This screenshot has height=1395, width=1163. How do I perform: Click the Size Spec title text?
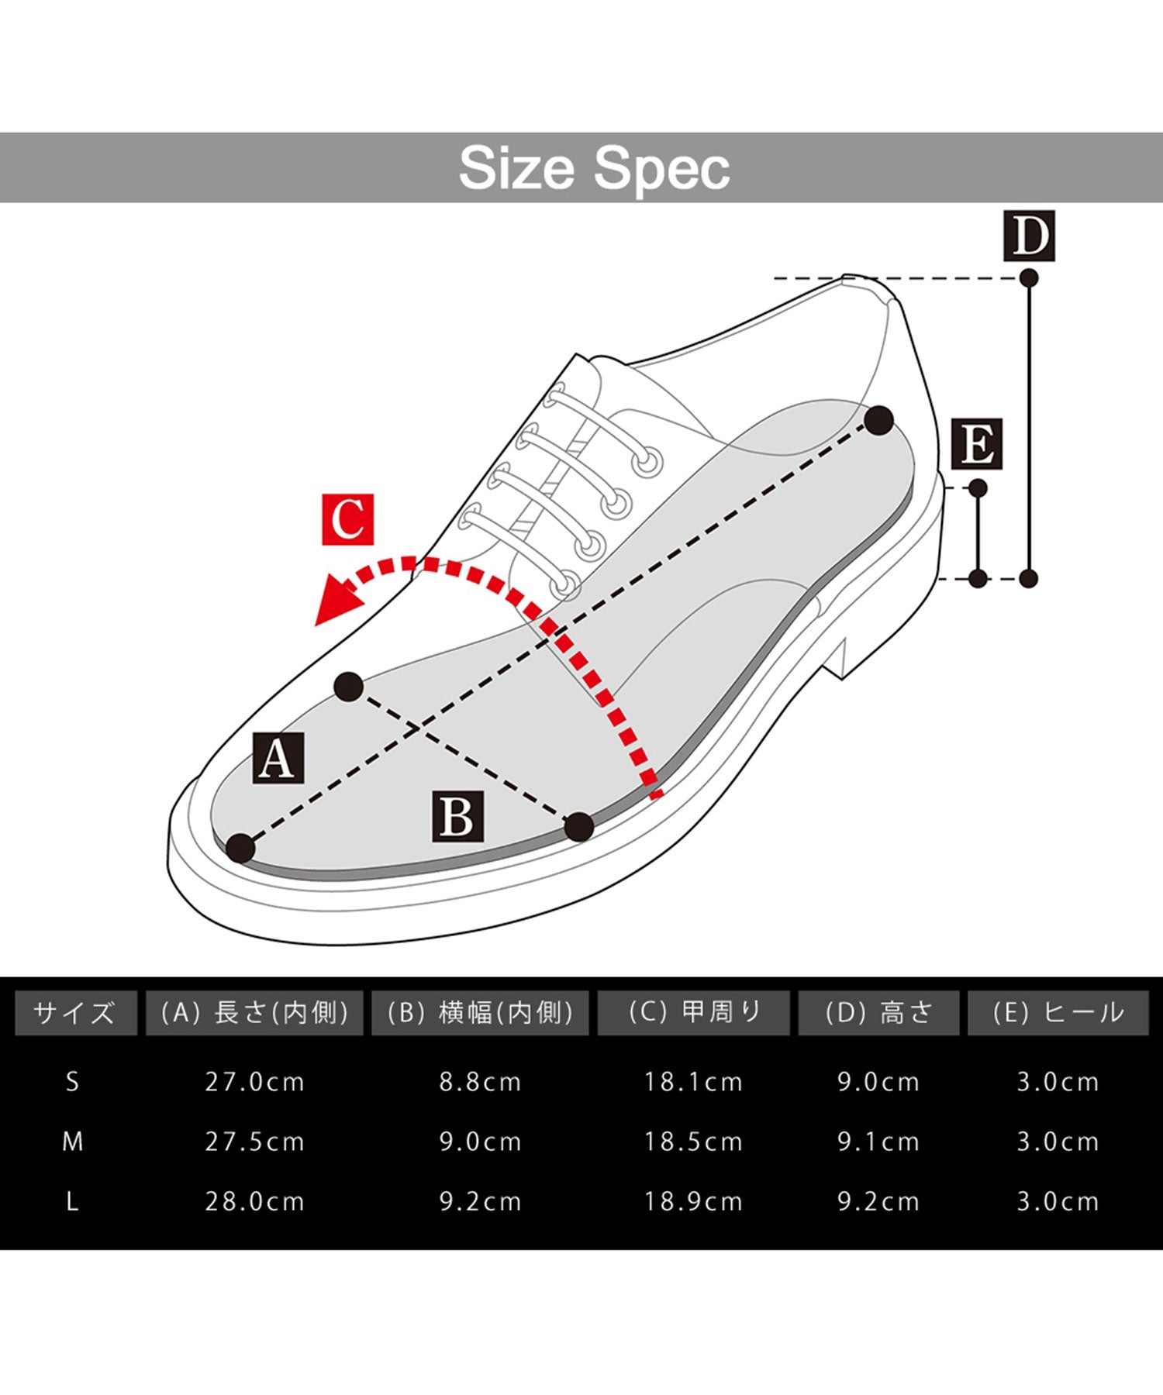[595, 168]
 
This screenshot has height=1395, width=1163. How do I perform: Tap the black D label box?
[1030, 236]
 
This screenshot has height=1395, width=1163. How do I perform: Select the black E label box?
[977, 444]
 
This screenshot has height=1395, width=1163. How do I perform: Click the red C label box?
[347, 519]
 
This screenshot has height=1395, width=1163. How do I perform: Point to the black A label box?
[278, 758]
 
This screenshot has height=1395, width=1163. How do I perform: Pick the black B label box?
[457, 816]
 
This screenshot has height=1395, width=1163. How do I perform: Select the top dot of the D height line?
[1029, 278]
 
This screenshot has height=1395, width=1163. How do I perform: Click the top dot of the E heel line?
[978, 488]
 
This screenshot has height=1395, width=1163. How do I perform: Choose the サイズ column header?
[76, 1013]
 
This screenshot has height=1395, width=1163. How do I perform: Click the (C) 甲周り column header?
[694, 1013]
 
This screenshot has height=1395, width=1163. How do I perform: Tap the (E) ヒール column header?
[1058, 1013]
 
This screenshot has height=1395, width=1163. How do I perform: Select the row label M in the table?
[73, 1142]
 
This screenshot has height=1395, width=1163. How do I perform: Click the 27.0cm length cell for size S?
[254, 1082]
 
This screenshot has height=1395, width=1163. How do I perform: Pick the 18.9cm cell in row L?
[693, 1202]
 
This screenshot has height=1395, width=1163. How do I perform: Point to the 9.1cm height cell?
[878, 1142]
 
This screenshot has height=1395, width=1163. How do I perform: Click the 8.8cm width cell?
[481, 1082]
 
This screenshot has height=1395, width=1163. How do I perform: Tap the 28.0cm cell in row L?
[254, 1202]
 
